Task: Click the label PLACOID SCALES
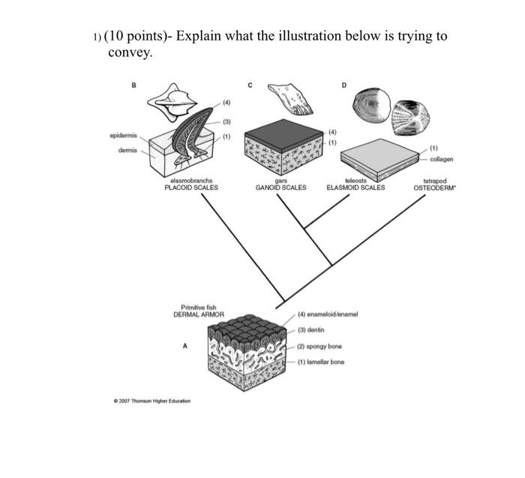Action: click(191, 188)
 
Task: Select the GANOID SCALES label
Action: click(281, 188)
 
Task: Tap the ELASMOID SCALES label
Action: click(355, 188)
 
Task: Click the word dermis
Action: click(125, 151)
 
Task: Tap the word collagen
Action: click(442, 158)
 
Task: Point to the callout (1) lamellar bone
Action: click(321, 362)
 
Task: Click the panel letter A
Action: click(184, 345)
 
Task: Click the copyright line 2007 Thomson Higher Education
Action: click(149, 401)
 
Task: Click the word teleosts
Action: click(355, 181)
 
